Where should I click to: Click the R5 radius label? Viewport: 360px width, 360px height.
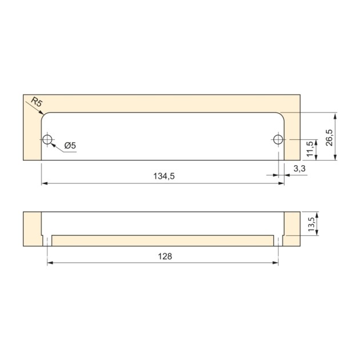(x=37, y=103)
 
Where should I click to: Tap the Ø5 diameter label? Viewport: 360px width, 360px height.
(x=70, y=146)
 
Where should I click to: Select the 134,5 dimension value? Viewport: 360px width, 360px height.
(x=163, y=177)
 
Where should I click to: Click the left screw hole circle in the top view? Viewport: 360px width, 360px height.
(x=47, y=139)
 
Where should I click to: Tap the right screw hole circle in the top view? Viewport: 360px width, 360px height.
(x=278, y=139)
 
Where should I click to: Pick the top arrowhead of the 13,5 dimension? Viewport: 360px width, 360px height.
(x=315, y=214)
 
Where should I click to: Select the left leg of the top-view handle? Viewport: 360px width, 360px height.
(x=33, y=137)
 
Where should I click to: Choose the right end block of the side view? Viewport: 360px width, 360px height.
(x=292, y=229)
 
